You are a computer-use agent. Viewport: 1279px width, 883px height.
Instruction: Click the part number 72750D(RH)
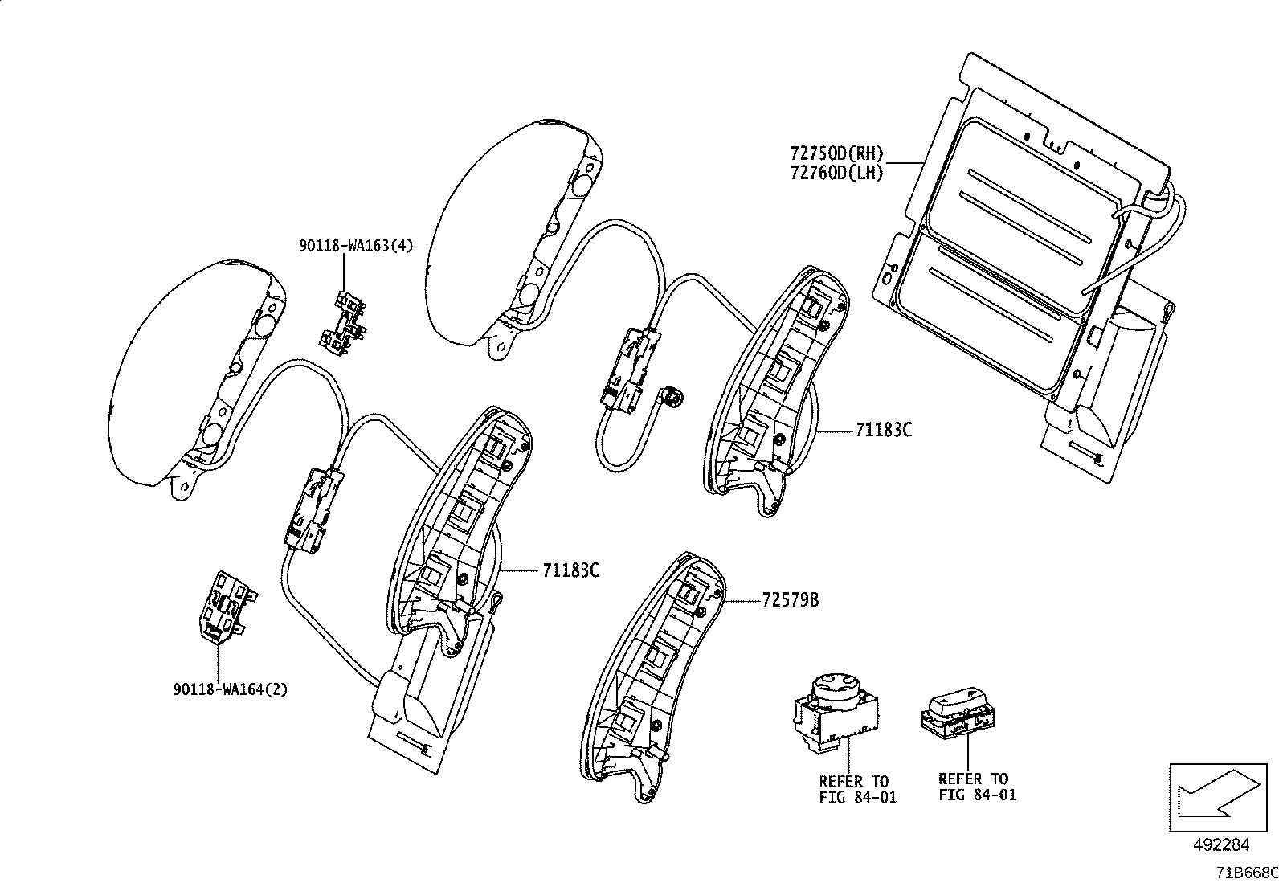(836, 153)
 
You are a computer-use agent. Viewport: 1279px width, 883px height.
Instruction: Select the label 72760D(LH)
(836, 173)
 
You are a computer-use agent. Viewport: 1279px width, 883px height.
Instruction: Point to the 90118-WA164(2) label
(230, 689)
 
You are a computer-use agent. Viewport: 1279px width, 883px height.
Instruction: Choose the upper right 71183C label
(884, 430)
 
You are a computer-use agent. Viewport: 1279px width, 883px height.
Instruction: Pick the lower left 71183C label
(570, 570)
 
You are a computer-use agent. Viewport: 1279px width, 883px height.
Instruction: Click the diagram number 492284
(1221, 844)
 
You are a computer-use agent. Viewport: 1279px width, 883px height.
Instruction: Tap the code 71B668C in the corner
(1245, 872)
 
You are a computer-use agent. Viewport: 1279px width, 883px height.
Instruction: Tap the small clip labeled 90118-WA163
(344, 321)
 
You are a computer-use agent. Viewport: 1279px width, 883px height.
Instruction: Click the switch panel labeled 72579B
(651, 675)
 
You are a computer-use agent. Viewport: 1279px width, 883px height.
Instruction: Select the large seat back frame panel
(1028, 241)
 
